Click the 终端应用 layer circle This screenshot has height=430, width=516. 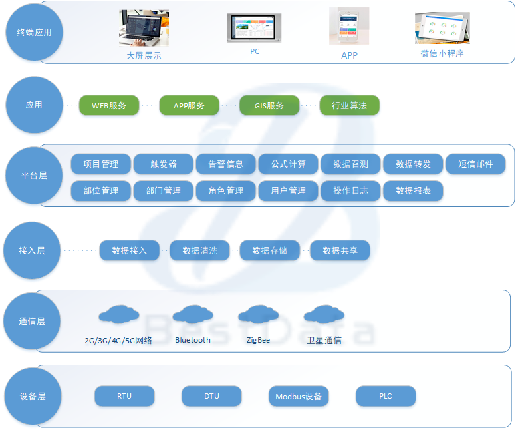(x=33, y=32)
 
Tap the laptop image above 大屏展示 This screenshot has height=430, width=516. (x=144, y=28)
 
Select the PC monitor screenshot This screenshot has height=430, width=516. (x=254, y=29)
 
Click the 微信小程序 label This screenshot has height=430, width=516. (x=442, y=54)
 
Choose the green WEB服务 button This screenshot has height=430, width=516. (x=109, y=106)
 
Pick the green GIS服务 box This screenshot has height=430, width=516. (x=269, y=106)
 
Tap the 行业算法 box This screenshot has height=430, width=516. (x=349, y=106)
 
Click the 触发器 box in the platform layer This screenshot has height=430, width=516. (x=164, y=164)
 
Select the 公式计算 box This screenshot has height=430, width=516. (x=288, y=164)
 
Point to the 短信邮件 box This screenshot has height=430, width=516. (x=475, y=164)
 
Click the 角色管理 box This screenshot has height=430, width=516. (x=226, y=191)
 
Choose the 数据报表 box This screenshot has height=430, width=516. (x=413, y=191)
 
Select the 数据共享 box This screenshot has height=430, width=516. (x=340, y=251)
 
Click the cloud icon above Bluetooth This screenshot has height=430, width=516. (x=193, y=314)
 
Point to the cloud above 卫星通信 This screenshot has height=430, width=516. (x=324, y=314)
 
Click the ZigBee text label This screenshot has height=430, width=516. (x=258, y=340)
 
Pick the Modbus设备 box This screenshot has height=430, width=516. (x=299, y=397)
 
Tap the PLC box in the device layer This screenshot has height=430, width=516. (x=386, y=397)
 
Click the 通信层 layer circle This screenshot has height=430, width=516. (x=33, y=322)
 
